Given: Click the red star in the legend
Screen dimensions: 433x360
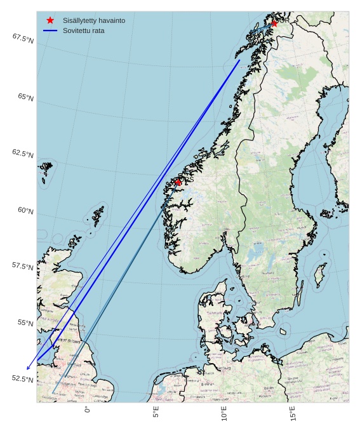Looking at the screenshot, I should (x=50, y=20).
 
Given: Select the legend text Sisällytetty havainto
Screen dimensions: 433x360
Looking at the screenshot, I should (x=93, y=20).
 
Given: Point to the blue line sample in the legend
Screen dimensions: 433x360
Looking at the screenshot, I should (x=50, y=30).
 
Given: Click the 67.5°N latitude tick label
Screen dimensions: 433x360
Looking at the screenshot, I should (x=22, y=39).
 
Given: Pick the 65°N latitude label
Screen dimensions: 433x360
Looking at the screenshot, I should (x=25, y=97).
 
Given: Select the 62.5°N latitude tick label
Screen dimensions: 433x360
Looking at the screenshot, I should (x=22, y=154).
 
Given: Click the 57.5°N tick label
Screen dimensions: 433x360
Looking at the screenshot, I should (x=22, y=267).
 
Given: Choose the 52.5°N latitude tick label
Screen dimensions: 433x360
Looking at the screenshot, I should (x=22, y=379).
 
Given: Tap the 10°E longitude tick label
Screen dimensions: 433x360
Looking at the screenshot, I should (x=224, y=414).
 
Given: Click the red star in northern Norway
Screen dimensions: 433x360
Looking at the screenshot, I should (x=274, y=23).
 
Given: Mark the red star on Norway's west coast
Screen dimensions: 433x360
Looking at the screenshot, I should (x=178, y=182).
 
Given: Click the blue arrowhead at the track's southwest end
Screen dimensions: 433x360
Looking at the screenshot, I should (x=28, y=368).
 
